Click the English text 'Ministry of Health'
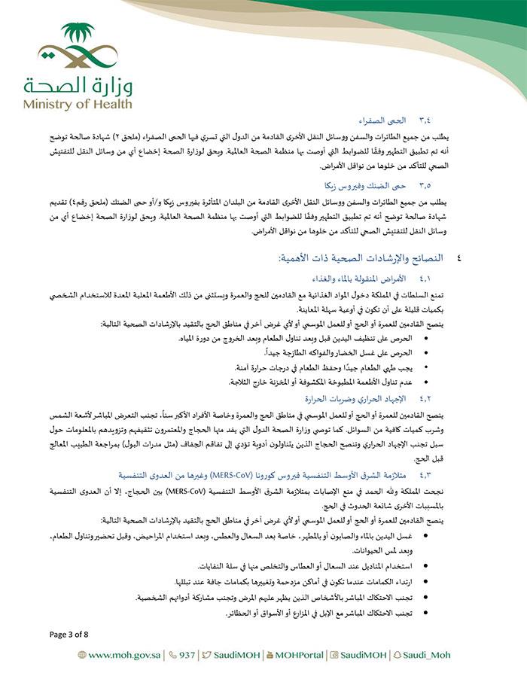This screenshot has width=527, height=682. tap(77, 104)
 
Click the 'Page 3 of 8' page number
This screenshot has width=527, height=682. tap(69, 634)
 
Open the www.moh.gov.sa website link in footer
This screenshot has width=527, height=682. tap(125, 655)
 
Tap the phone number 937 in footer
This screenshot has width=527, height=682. tap(185, 655)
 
